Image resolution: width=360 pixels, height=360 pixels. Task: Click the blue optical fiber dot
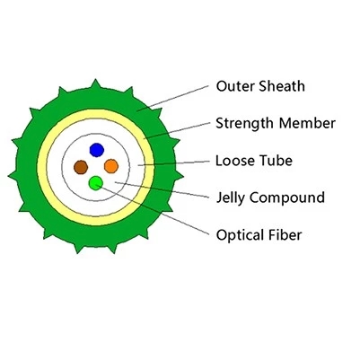click(x=97, y=149)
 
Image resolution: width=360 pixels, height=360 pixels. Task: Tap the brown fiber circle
click(x=81, y=166)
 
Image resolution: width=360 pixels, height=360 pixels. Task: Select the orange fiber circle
click(x=111, y=166)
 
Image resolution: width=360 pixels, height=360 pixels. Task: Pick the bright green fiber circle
click(x=96, y=183)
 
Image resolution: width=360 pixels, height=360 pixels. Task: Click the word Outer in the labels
click(x=234, y=87)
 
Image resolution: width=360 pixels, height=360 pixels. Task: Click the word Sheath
click(x=281, y=87)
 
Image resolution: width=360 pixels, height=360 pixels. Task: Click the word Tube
click(x=277, y=161)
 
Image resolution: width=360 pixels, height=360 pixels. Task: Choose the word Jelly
click(x=231, y=198)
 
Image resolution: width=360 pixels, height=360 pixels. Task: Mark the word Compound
click(x=289, y=198)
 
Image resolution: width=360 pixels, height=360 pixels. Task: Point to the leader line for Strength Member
click(x=180, y=132)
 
